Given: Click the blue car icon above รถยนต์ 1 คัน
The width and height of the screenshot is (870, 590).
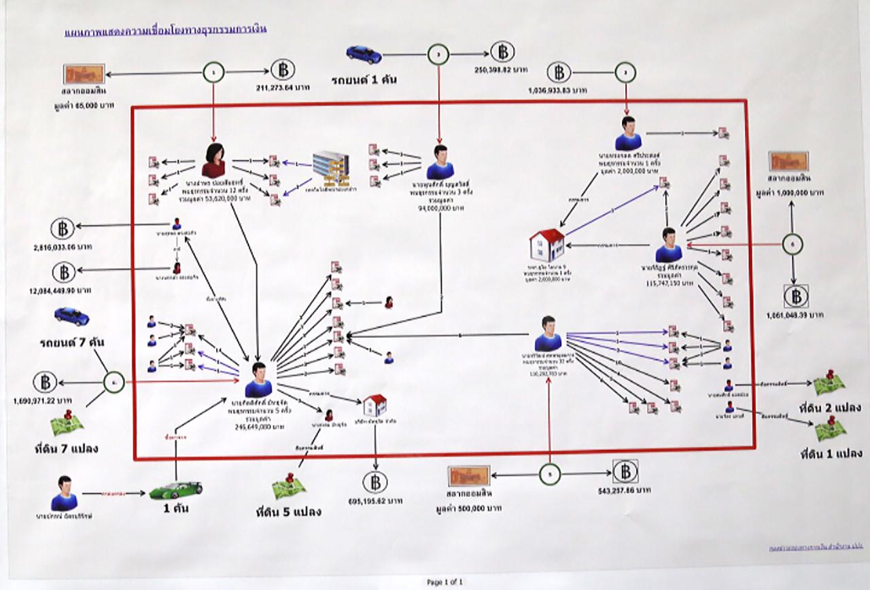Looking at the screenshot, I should point(363,54).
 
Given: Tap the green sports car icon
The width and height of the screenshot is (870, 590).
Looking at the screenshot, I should point(176,489).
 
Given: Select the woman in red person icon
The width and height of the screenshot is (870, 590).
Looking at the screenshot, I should point(213,160).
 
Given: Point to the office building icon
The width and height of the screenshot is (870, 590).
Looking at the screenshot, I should point(330,168).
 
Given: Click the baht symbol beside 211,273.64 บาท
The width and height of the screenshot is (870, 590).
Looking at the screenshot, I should point(283,70).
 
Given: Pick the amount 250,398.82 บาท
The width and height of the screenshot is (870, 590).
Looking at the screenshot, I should point(503,71).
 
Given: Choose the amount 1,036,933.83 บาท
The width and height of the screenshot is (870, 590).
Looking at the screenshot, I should point(559,90).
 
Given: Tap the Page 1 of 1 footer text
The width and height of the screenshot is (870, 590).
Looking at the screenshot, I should point(445,582).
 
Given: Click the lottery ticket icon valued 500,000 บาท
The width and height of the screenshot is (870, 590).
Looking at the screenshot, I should point(468,475).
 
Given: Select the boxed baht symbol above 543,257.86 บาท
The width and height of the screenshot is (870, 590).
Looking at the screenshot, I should point(625,471).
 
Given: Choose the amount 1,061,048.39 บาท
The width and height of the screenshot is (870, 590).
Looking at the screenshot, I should point(796,315).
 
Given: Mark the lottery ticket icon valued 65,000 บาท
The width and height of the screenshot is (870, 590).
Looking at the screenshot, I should point(84,73).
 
